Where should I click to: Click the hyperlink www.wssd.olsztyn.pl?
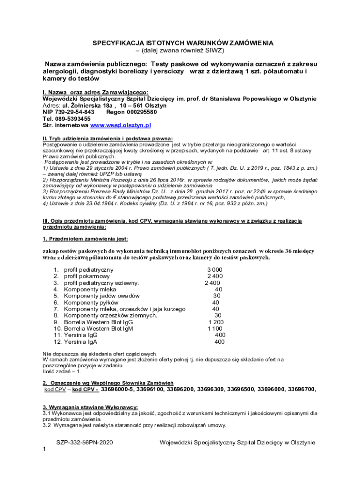tap(121, 125)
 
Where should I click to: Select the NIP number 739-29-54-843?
tap(75, 112)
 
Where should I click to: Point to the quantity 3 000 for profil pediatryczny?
tap(215, 270)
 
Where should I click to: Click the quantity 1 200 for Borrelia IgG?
tap(216, 322)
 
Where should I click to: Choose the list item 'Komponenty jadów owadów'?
tap(101, 296)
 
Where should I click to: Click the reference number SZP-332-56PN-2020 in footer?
tap(85, 442)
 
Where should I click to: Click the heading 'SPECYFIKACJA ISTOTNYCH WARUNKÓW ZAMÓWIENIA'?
tap(183, 43)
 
